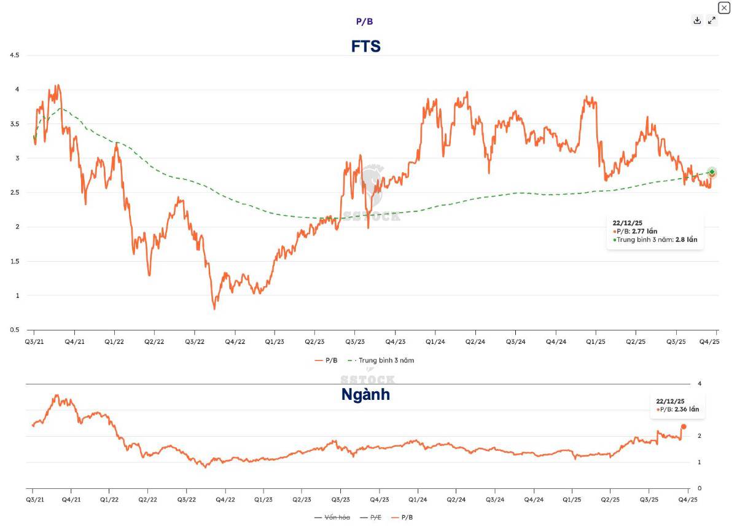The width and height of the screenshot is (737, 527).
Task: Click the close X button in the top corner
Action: pos(724,7)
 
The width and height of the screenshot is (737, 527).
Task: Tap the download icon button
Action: pos(697,20)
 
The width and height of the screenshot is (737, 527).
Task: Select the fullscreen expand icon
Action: pos(712,20)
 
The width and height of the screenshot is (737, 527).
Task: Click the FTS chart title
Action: pos(366,46)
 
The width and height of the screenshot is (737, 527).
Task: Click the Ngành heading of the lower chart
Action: pos(365,394)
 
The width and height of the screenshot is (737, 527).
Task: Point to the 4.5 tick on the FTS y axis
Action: pos(14,55)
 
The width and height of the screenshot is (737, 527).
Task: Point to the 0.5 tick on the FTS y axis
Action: pos(14,330)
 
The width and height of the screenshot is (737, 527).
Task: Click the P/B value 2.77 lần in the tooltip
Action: pos(644,231)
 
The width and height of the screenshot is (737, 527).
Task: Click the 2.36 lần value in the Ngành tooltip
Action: pos(687,409)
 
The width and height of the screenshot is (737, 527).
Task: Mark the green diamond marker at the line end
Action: pos(712,172)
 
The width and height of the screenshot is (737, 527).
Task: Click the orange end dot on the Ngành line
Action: pos(684,426)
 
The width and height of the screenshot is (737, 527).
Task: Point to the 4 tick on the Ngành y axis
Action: pos(699,384)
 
